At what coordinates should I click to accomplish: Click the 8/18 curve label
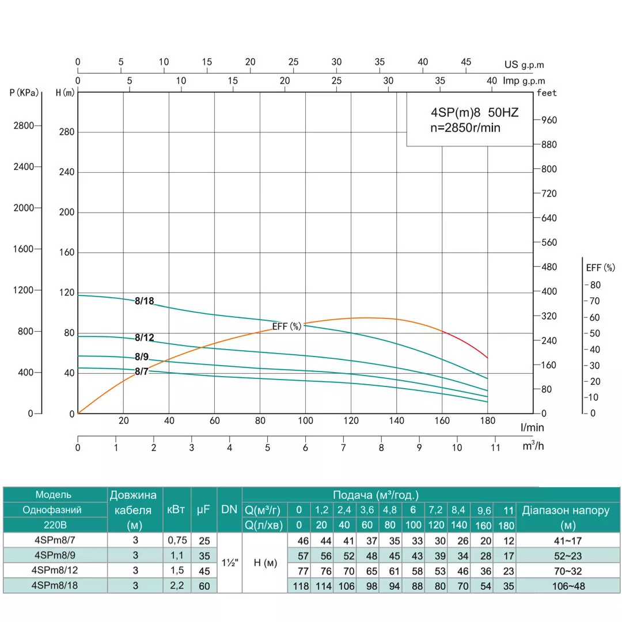point(145,301)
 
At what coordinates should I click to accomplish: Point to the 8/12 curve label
point(145,337)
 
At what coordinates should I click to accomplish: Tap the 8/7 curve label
point(142,371)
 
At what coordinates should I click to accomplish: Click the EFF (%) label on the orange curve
point(287,326)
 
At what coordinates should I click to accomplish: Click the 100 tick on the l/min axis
point(305,420)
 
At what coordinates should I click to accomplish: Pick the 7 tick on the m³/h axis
point(343,447)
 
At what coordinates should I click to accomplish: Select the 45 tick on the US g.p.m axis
point(466,62)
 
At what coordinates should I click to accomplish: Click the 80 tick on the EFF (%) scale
point(595,285)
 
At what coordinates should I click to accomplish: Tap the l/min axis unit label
point(533,427)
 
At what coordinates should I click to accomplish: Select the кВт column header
point(176,509)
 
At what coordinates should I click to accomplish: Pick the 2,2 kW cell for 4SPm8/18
point(176,585)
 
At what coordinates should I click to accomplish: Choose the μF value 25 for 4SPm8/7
point(203,540)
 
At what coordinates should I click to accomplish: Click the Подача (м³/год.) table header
point(376,495)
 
